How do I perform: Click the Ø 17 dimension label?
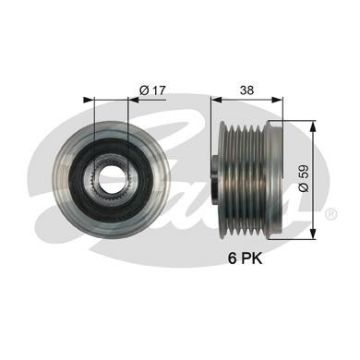[152, 89]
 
